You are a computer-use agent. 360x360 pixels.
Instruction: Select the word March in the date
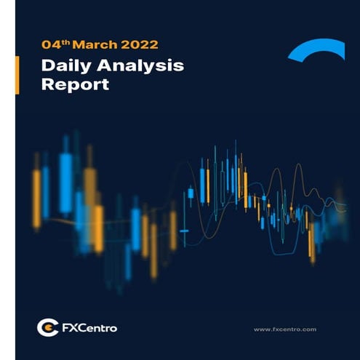pyautogui.click(x=87, y=45)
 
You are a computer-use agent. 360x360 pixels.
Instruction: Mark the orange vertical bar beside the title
pyautogui.click(x=17, y=75)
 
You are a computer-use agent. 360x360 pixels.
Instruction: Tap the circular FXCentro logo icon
pyautogui.click(x=47, y=327)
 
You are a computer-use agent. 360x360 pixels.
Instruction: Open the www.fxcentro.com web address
pyautogui.click(x=284, y=329)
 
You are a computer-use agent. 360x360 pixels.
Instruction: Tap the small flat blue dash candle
pyautogui.click(x=183, y=231)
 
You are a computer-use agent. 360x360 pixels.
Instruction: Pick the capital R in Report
pyautogui.click(x=47, y=84)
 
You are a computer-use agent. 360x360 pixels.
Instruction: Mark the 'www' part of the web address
pyautogui.click(x=262, y=329)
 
